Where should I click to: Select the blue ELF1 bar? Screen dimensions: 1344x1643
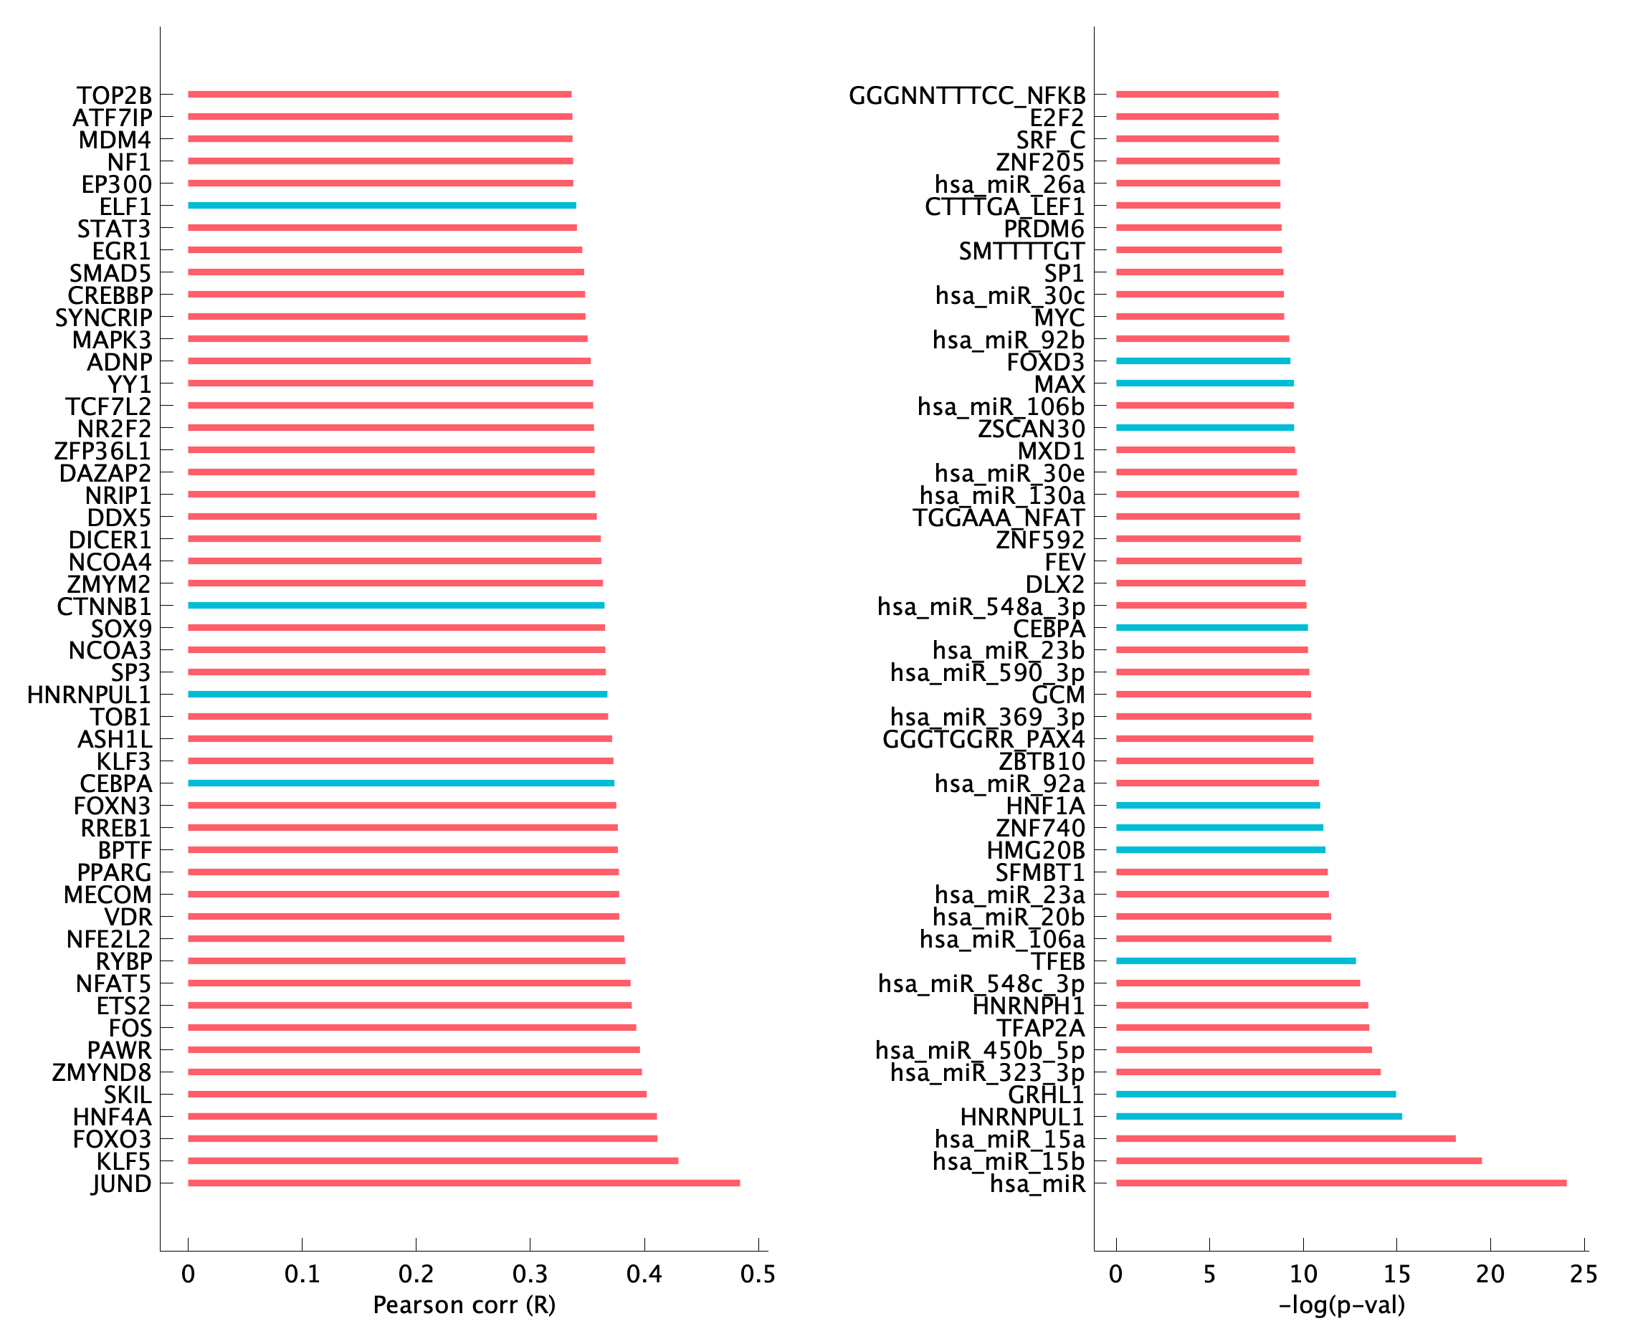[x=381, y=205]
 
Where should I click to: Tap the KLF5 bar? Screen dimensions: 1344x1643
[x=433, y=1160]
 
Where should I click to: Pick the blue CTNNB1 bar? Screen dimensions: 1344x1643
[x=396, y=606]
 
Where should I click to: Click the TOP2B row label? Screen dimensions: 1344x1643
[x=114, y=95]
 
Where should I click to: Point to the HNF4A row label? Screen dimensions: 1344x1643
[x=113, y=1117]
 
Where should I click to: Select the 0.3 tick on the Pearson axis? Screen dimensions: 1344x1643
[x=530, y=1274]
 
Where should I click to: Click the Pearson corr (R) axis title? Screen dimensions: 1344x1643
[x=464, y=1305]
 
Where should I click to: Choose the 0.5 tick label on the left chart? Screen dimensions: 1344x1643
[x=758, y=1274]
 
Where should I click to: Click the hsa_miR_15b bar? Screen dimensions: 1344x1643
[x=1298, y=1160]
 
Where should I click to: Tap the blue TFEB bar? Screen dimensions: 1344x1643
[x=1236, y=961]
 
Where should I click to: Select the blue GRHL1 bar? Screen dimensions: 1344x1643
[x=1256, y=1094]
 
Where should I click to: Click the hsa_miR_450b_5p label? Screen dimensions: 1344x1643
[x=979, y=1051]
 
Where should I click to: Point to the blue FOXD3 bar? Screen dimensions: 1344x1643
[x=1202, y=361]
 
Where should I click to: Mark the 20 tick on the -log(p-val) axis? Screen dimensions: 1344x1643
[x=1490, y=1274]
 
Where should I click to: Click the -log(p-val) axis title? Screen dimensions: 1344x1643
[x=1341, y=1305]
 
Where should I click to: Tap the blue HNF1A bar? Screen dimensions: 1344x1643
[x=1218, y=805]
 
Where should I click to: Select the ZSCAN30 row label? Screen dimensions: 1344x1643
[x=1031, y=429]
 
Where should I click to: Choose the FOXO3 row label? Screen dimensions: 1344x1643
[x=113, y=1140]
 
